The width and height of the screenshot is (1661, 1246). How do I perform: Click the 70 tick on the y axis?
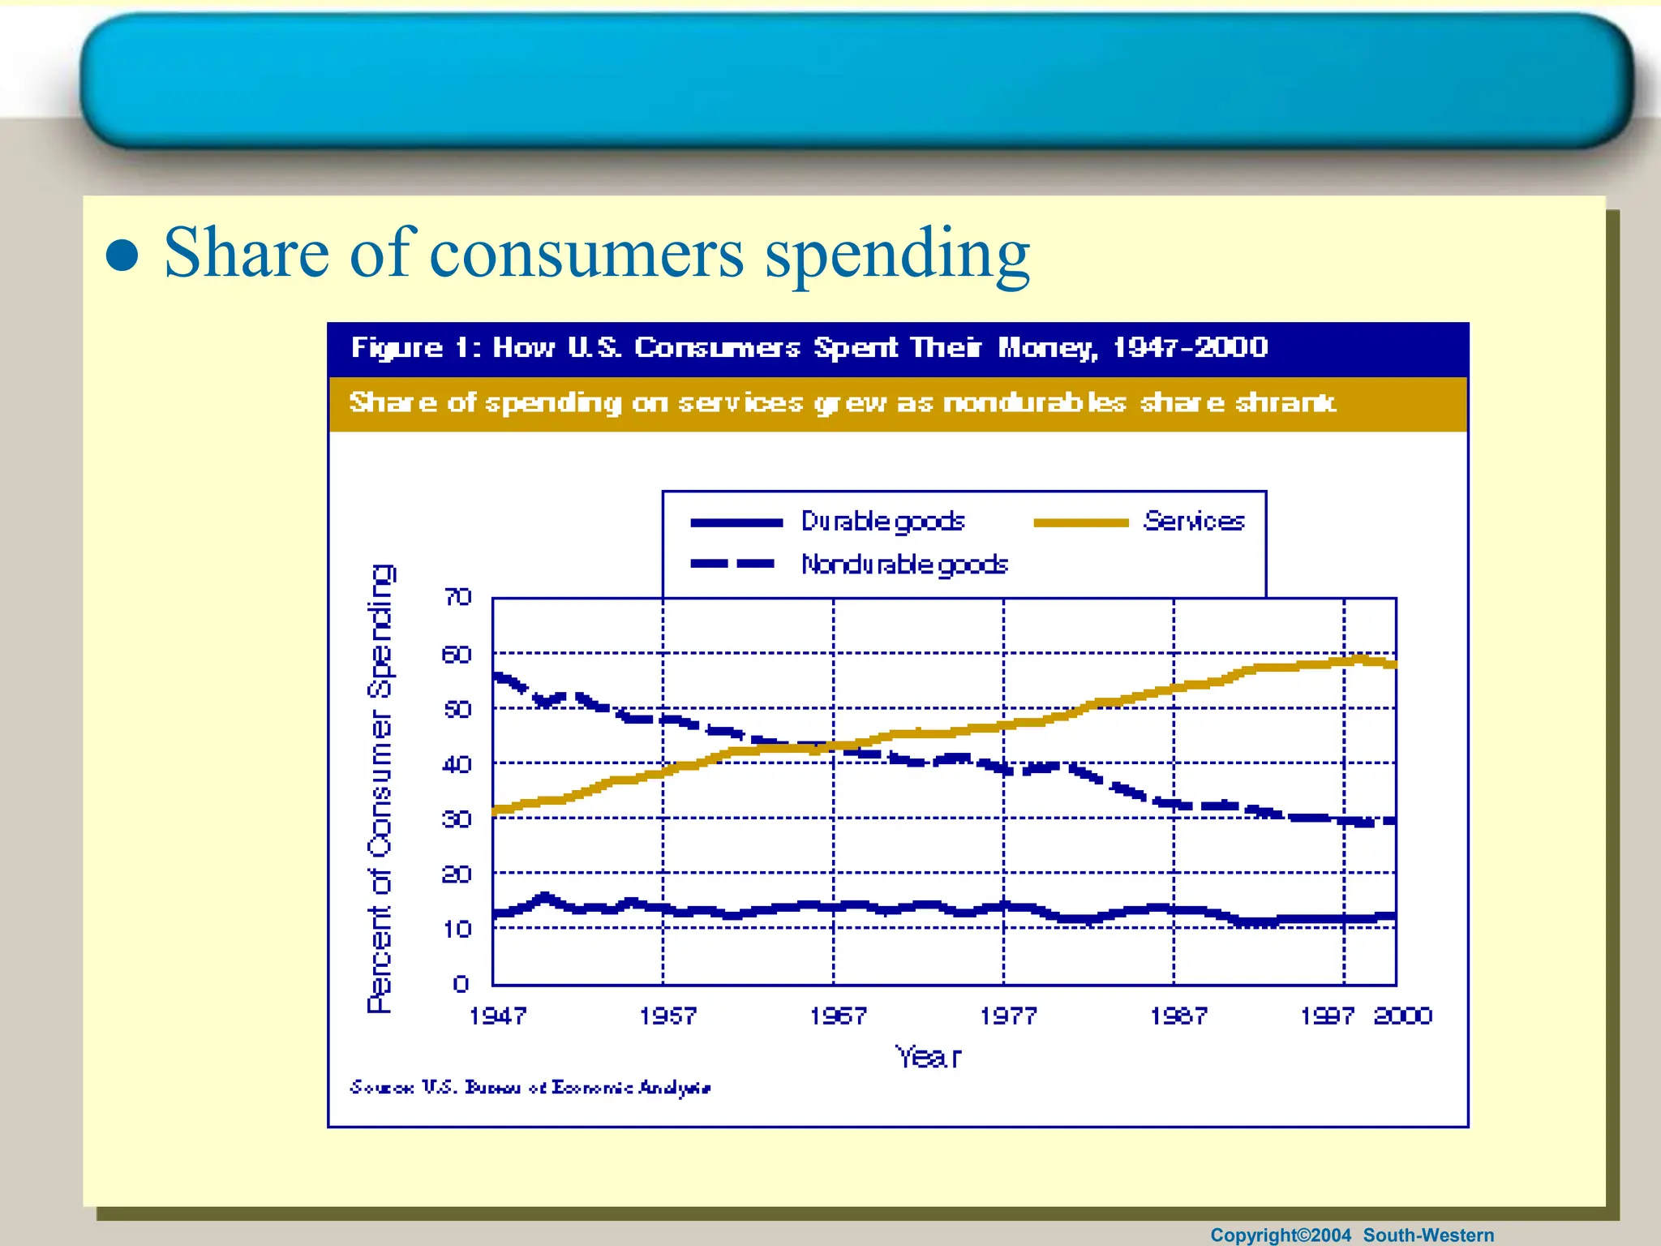pos(458,598)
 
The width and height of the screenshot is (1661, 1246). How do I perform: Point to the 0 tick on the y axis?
pos(461,984)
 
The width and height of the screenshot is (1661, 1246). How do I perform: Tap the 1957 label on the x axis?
pos(667,1016)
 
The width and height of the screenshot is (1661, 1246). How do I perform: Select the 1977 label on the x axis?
pos(1008,1016)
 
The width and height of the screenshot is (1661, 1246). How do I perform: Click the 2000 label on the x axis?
pos(1402,1016)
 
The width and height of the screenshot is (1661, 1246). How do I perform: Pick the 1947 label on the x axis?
pos(497,1016)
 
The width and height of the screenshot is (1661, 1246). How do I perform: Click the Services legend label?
pos(1193,521)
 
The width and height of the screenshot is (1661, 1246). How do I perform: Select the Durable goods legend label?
pos(882,521)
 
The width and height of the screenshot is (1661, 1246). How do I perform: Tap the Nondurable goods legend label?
pos(903,564)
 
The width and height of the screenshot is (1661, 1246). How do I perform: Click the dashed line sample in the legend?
pos(732,564)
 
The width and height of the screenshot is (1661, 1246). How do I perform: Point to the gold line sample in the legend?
pos(1080,523)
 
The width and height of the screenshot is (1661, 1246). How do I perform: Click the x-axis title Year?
pos(928,1057)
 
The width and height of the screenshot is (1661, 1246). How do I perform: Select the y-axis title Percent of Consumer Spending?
pos(380,788)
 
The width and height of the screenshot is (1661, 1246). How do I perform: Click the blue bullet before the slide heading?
pos(122,256)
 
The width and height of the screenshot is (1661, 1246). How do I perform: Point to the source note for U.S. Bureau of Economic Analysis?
pos(530,1087)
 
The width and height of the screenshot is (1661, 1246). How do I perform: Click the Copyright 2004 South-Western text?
pos(1351,1235)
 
